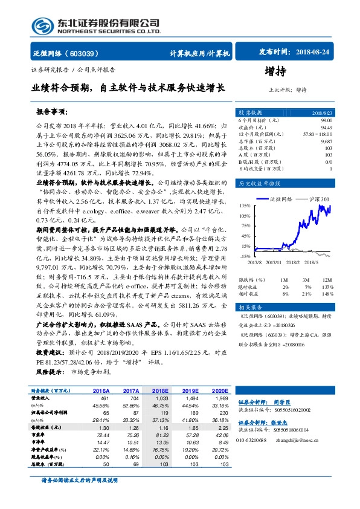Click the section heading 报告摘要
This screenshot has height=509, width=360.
(x=51, y=112)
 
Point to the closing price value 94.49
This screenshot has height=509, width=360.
(x=326, y=127)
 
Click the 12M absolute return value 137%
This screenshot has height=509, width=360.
(x=327, y=286)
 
